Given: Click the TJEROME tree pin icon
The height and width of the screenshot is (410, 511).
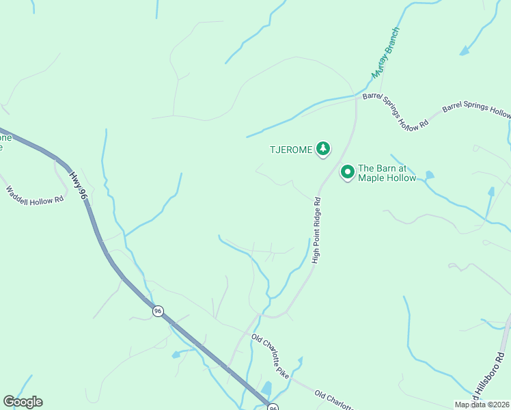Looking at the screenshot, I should point(323,148).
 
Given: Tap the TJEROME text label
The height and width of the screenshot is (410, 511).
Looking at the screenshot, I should point(290,149).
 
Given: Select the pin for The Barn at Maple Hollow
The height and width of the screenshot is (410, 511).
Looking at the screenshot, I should point(347,172).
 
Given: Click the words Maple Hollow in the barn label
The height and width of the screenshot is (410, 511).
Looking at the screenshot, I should point(387,178).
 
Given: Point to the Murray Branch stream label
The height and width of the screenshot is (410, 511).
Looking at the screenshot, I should point(385,53).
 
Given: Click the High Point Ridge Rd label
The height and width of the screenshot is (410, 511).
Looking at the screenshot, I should point(316,230).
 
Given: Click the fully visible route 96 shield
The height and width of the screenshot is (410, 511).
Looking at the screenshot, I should point(158,311).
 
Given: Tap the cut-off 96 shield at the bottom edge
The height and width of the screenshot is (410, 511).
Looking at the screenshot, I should point(273,407).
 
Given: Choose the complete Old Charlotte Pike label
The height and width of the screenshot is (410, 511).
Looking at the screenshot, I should point(270,355).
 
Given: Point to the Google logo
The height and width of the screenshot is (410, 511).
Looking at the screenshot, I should point(23,401).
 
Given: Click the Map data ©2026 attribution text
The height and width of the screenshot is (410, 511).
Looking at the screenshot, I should point(481,404).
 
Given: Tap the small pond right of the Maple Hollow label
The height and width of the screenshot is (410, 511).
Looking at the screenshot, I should point(428,176).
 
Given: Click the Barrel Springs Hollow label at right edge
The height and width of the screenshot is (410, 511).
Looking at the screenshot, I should point(476,111).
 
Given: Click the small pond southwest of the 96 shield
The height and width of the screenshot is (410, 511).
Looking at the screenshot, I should point(176,355).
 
